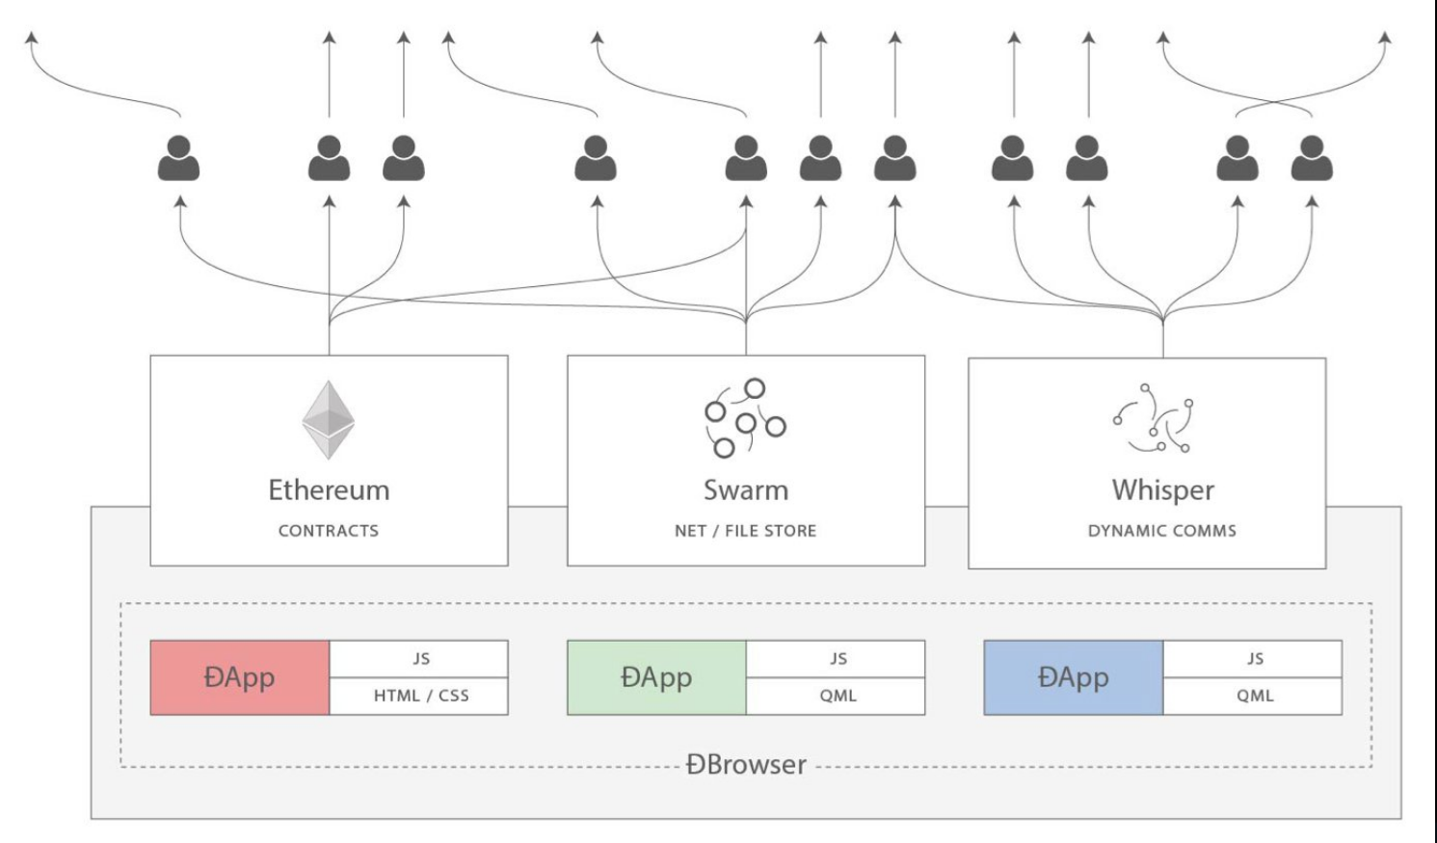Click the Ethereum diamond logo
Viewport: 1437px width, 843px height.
[x=329, y=420]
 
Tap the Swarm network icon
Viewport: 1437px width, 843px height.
[x=745, y=417]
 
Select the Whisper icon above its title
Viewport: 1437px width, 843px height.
[x=1153, y=418]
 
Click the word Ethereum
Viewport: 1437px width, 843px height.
[x=329, y=490]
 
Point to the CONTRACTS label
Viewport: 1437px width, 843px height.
[x=329, y=531]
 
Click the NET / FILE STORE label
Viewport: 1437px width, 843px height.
[x=745, y=531]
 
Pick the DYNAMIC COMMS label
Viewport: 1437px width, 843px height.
[x=1161, y=531]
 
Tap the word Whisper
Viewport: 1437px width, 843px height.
[x=1162, y=490]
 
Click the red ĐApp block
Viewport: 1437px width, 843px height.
[x=240, y=677]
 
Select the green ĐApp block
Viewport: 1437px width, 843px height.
[x=656, y=677]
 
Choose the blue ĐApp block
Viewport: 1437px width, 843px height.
[x=1073, y=677]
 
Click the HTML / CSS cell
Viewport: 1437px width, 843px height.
[x=420, y=696]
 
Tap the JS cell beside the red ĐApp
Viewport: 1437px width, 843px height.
[x=420, y=659]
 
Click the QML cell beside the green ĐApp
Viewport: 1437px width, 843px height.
[x=837, y=696]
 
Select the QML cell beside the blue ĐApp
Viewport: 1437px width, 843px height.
[x=1254, y=696]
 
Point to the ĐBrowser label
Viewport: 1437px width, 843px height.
[x=746, y=765]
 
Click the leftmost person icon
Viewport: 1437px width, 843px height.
[x=178, y=159]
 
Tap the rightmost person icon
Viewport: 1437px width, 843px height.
[x=1312, y=159]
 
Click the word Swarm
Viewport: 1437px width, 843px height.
[x=745, y=490]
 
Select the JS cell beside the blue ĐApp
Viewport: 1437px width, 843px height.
[x=1254, y=659]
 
